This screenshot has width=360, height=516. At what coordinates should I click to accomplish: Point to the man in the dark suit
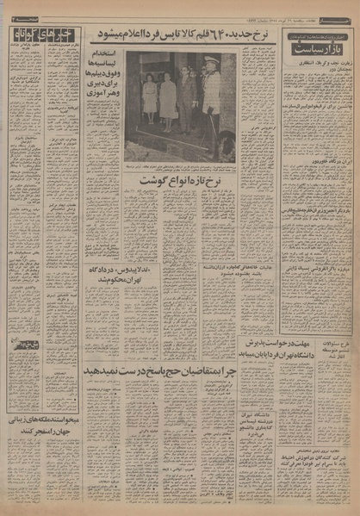pos(185,99)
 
